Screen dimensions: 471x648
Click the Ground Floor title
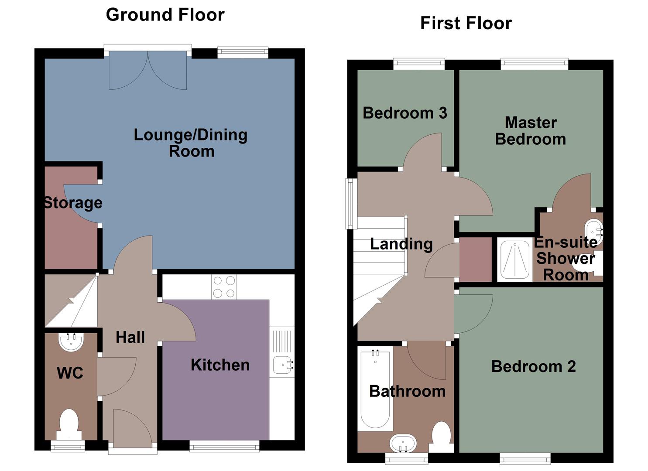(165, 15)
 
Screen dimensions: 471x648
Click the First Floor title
(466, 23)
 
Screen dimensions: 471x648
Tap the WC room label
(70, 373)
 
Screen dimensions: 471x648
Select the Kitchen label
(220, 365)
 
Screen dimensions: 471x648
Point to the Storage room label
(73, 203)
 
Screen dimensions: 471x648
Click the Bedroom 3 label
(405, 113)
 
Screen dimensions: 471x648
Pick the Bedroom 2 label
(533, 366)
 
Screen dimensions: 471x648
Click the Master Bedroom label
(531, 131)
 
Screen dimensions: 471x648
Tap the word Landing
(401, 244)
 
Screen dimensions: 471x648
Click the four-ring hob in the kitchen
(224, 287)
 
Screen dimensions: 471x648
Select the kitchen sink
(282, 365)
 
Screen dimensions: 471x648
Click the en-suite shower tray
(515, 259)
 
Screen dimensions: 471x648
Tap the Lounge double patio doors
(148, 70)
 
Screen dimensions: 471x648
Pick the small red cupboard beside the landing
(476, 259)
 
